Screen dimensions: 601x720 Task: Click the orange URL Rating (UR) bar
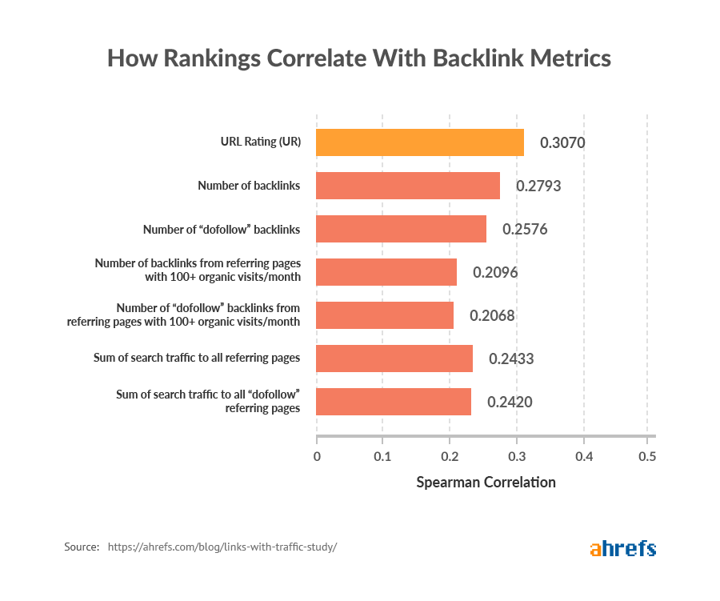[x=420, y=142]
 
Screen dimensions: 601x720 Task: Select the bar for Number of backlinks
[x=408, y=186]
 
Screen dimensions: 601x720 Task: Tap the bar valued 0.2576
[x=401, y=229]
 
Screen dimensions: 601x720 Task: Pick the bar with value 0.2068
[x=385, y=315]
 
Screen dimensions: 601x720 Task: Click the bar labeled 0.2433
[x=394, y=359]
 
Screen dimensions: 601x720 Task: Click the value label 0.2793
[x=538, y=186]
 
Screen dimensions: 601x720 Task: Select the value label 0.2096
[x=495, y=273]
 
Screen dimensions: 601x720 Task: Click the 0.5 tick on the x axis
[x=646, y=457]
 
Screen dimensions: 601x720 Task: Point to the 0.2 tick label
[x=450, y=457]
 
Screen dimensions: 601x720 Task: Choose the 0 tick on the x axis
[x=317, y=457]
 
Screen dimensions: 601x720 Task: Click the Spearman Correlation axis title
[x=486, y=483]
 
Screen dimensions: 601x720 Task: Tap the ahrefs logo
[x=622, y=548]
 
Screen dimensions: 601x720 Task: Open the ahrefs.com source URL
[x=222, y=547]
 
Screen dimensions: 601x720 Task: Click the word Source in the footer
[x=82, y=547]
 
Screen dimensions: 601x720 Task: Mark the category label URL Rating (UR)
[x=260, y=142]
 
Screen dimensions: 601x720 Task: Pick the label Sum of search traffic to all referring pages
[x=197, y=359]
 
